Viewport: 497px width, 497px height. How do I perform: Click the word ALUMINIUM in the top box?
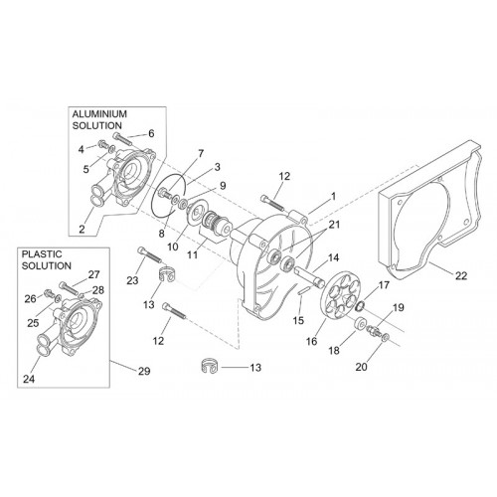[99, 114]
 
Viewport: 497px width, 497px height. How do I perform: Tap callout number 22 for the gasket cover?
[461, 275]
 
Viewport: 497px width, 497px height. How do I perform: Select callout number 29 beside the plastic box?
[144, 372]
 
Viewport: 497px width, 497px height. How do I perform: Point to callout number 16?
[312, 341]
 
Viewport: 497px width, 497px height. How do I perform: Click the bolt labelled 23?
[149, 254]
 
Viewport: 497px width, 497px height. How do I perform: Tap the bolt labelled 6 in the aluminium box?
[123, 140]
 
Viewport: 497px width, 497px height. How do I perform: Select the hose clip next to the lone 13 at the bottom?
[209, 366]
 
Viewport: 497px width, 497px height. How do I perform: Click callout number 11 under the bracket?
[193, 255]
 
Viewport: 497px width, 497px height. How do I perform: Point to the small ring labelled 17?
[360, 306]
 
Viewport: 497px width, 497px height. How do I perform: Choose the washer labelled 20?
[386, 338]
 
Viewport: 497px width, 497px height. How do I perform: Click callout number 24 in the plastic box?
[29, 379]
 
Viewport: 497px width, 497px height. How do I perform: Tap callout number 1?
[333, 196]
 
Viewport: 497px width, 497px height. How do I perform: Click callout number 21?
[334, 225]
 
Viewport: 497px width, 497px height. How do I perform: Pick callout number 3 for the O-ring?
[217, 167]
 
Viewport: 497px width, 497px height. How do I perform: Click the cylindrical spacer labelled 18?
[360, 324]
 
